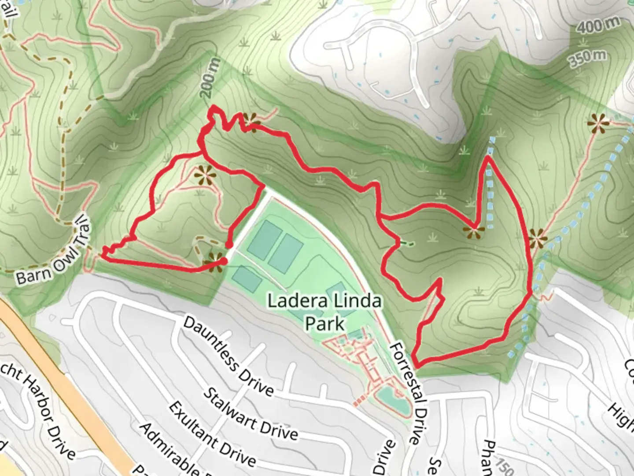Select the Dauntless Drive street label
point(228,355)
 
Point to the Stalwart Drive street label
point(250,414)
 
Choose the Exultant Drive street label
point(212,434)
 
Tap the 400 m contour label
point(598,26)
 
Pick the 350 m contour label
point(588,58)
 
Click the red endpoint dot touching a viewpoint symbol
point(223,261)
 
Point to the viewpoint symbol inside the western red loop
point(205,175)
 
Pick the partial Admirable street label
point(167,450)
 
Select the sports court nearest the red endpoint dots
point(247,279)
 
